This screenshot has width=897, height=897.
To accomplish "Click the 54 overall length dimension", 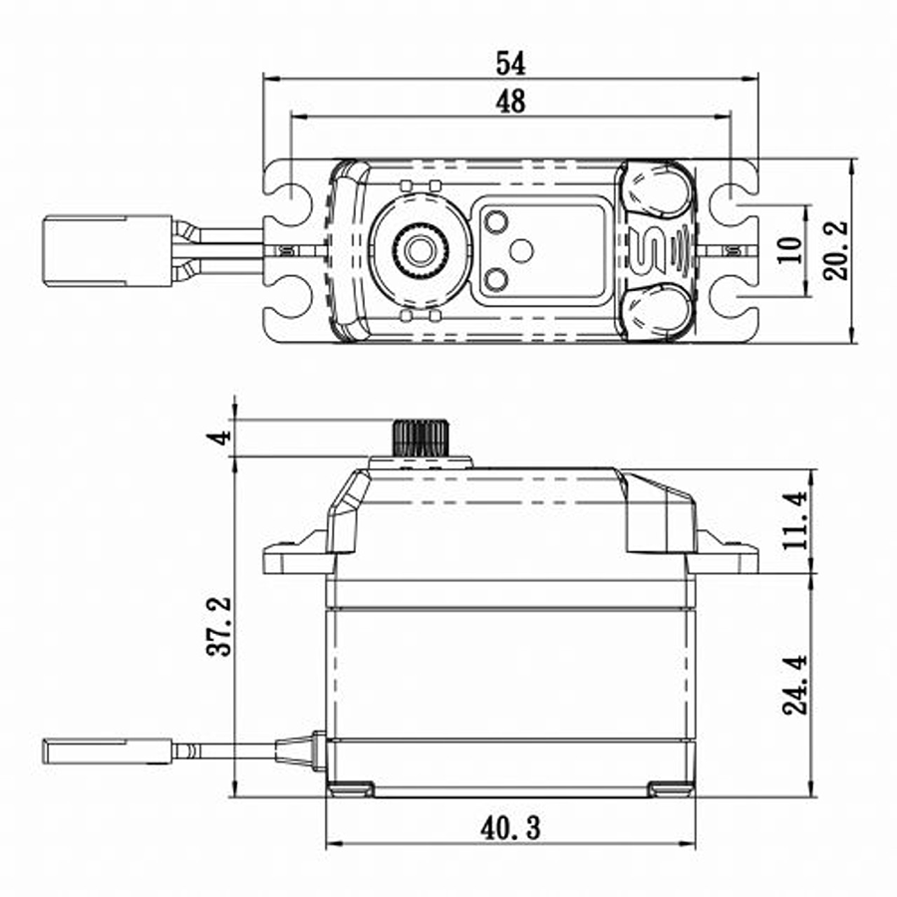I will [x=510, y=62].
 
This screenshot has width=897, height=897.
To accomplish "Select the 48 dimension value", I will [x=510, y=101].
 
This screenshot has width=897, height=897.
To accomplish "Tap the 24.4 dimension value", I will [x=794, y=685].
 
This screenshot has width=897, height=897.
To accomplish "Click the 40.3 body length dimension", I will [x=510, y=826].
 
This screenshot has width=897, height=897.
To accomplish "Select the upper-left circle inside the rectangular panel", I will [x=495, y=221].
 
